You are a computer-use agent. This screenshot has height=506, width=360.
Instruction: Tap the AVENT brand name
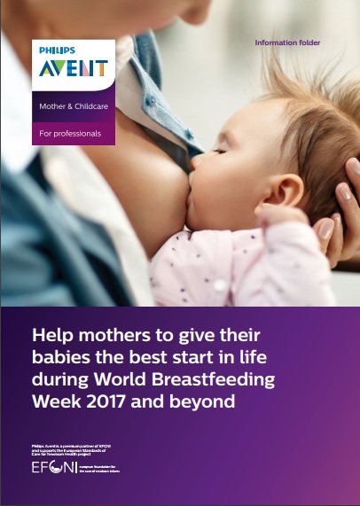(x=73, y=68)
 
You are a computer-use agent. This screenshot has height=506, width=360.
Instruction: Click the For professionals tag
(x=70, y=134)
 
